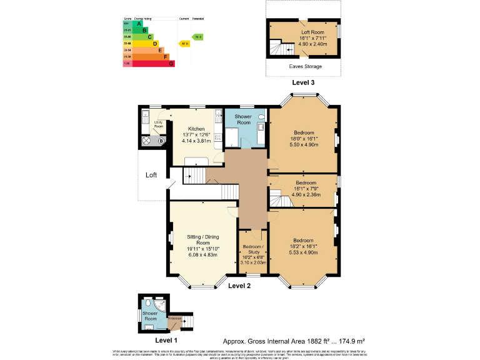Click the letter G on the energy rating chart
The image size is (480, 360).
pos(171,64)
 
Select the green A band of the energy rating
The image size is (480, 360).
pos(139,23)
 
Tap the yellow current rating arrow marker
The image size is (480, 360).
pos(184,44)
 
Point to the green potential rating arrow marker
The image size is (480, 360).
pos(197,37)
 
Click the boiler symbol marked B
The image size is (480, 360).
pos(161,141)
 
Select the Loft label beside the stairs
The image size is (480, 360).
pos(151,175)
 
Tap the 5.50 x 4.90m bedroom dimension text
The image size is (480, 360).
pos(302,144)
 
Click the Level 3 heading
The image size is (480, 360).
pos(303,82)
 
